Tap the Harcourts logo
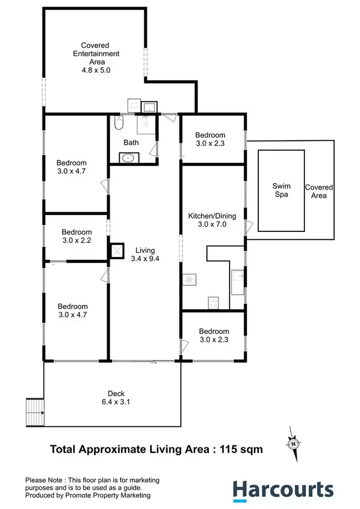[x=283, y=490]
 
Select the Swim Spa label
[x=281, y=190]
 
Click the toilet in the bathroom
[x=120, y=123]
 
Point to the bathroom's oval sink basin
[x=128, y=158]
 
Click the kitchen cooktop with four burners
[x=213, y=303]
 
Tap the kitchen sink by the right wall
[x=237, y=277]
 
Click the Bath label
[x=131, y=143]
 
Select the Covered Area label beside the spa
[x=319, y=191]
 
